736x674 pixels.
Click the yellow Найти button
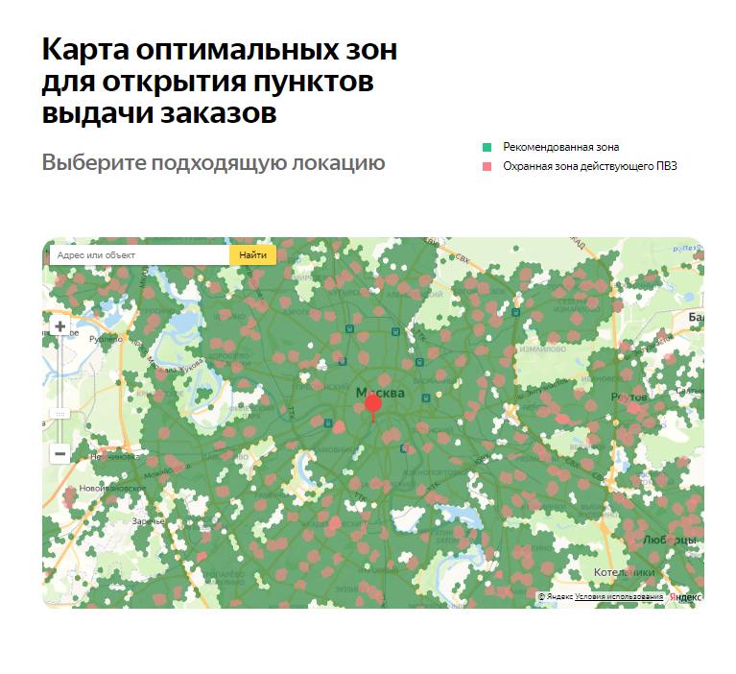coord(252,255)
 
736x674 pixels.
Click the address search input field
coord(139,255)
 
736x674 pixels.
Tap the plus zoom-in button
coord(59,326)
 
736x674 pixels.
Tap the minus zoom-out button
coord(59,453)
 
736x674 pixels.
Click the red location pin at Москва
coord(373,405)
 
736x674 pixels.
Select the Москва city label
coord(380,393)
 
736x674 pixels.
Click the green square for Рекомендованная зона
coord(487,148)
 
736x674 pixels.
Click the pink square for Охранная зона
coord(487,167)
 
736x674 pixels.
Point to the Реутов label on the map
coord(629,396)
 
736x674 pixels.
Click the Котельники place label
coord(625,571)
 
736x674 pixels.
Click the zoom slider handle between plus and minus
coord(59,413)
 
